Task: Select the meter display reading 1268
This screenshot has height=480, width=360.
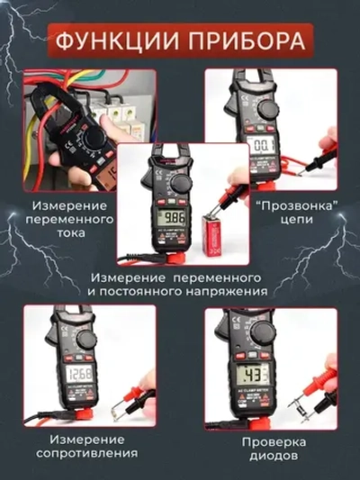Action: pyautogui.click(x=79, y=374)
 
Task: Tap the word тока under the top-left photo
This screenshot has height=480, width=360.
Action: pyautogui.click(x=70, y=233)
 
